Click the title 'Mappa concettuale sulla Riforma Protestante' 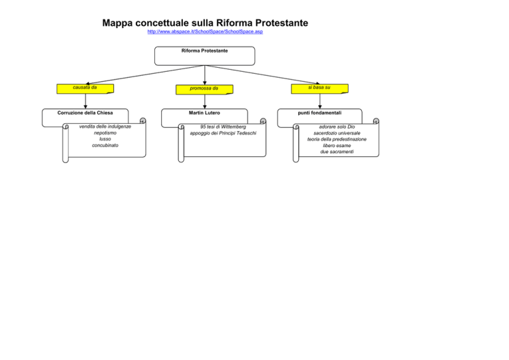pyautogui.click(x=205, y=23)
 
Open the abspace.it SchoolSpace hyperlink pyautogui.click(x=205, y=31)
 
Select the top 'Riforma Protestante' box pyautogui.click(x=205, y=56)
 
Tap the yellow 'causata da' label pyautogui.click(x=85, y=89)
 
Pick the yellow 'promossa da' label pyautogui.click(x=204, y=90)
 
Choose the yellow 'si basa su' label pyautogui.click(x=319, y=89)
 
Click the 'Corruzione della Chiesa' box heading pyautogui.click(x=85, y=113)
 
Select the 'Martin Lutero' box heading pyautogui.click(x=205, y=113)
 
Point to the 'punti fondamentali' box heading pyautogui.click(x=319, y=113)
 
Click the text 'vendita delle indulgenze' pyautogui.click(x=105, y=127)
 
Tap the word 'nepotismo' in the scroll pyautogui.click(x=105, y=133)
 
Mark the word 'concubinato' pyautogui.click(x=105, y=145)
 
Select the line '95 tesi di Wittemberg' pyautogui.click(x=223, y=127)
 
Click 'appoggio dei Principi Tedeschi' pyautogui.click(x=223, y=133)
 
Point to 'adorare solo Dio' pyautogui.click(x=337, y=127)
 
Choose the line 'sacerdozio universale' pyautogui.click(x=337, y=133)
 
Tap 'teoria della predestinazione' pyautogui.click(x=337, y=139)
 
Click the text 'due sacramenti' pyautogui.click(x=337, y=152)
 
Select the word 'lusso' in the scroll pyautogui.click(x=105, y=139)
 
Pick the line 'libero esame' pyautogui.click(x=337, y=145)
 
